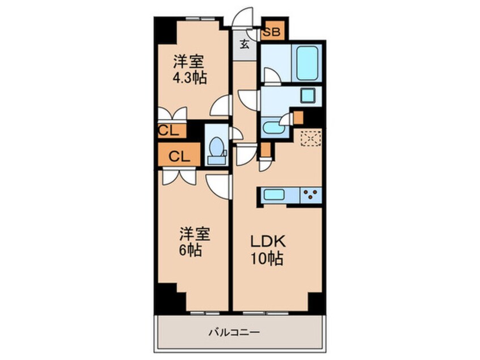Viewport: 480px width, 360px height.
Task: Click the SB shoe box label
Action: (271, 33)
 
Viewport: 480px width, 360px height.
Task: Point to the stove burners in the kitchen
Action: (310, 195)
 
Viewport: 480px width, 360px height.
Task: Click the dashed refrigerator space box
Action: (310, 138)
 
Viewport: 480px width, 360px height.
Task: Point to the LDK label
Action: (265, 241)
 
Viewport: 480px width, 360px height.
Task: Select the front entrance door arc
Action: (244, 17)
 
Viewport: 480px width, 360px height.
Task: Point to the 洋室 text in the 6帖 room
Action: (196, 233)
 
